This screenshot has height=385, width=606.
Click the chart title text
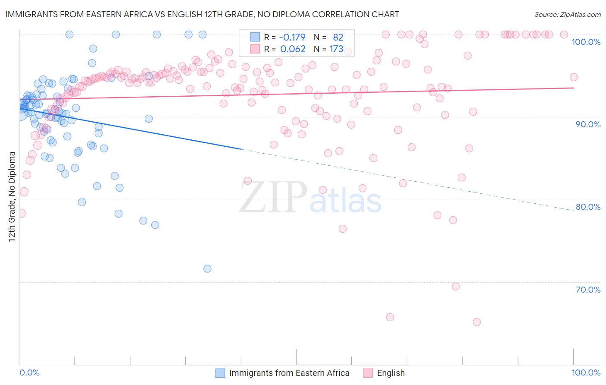[202, 14]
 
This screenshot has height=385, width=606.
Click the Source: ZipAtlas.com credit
[567, 14]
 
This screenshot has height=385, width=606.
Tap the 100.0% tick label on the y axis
[586, 42]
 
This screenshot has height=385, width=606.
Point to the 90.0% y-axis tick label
[588, 124]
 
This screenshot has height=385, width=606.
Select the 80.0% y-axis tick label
[588, 207]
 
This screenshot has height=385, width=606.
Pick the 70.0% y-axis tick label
[588, 290]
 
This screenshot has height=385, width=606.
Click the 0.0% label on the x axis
[29, 372]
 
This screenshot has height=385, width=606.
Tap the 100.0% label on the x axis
[586, 372]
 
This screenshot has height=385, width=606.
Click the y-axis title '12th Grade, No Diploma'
[12, 196]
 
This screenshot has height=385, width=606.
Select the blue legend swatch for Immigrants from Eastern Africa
[220, 373]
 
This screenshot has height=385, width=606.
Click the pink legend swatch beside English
[368, 373]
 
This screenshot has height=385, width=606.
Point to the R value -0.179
[293, 37]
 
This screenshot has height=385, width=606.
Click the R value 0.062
[293, 49]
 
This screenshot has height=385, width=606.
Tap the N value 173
[336, 49]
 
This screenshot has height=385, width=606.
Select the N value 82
[338, 37]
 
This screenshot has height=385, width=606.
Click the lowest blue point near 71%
[207, 268]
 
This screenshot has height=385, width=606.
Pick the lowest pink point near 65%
[477, 322]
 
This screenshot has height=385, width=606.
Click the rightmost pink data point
[574, 77]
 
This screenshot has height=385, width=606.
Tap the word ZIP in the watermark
[273, 197]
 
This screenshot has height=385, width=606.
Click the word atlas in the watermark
[346, 201]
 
